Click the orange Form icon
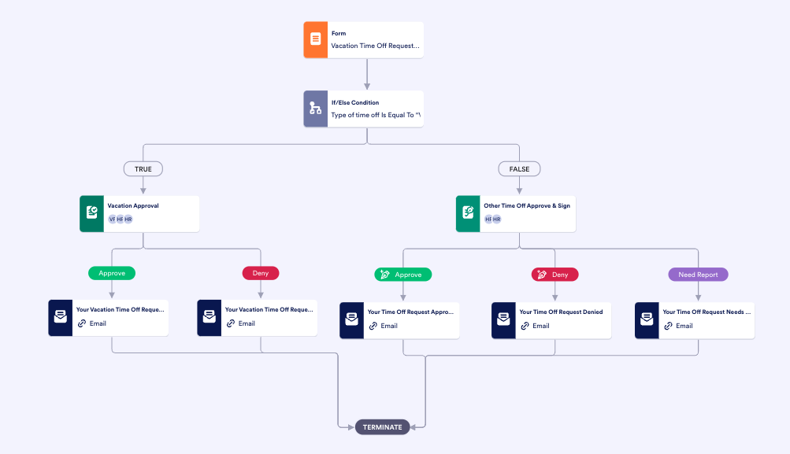(x=316, y=39)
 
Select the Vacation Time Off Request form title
(x=375, y=46)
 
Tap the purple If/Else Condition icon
(x=316, y=109)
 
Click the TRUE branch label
(x=143, y=168)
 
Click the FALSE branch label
(x=519, y=168)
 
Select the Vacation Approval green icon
(x=92, y=213)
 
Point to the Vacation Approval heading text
(x=133, y=206)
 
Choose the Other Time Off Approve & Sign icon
(x=468, y=213)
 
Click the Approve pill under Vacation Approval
(x=112, y=273)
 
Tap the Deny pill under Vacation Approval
(x=260, y=273)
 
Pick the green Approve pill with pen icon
(x=402, y=275)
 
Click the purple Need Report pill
(x=698, y=275)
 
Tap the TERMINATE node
(x=382, y=427)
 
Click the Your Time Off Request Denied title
(x=561, y=312)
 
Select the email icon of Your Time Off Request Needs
(x=647, y=319)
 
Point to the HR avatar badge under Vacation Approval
(x=128, y=219)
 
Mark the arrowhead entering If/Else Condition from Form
(x=367, y=87)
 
